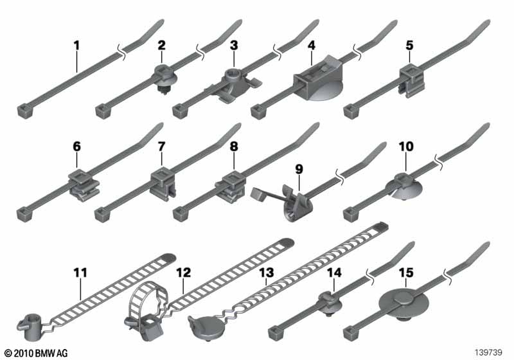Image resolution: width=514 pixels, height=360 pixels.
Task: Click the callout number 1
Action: click(x=76, y=46)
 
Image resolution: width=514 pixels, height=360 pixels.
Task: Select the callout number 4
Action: click(x=312, y=45)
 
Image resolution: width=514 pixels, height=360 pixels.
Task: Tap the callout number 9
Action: click(x=299, y=169)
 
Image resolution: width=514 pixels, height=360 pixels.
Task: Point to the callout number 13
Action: click(x=266, y=273)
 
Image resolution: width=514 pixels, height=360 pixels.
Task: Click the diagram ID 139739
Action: click(x=489, y=352)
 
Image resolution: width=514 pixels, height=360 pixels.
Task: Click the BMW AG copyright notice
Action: click(x=37, y=353)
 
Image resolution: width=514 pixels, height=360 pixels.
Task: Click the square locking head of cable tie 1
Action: click(x=25, y=111)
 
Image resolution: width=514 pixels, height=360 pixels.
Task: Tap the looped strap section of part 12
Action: click(x=146, y=298)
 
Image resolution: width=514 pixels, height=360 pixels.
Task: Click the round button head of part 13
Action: click(x=206, y=326)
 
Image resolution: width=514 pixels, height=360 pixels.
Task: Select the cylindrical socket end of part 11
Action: click(x=30, y=326)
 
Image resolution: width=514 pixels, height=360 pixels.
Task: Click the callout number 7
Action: click(x=161, y=146)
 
